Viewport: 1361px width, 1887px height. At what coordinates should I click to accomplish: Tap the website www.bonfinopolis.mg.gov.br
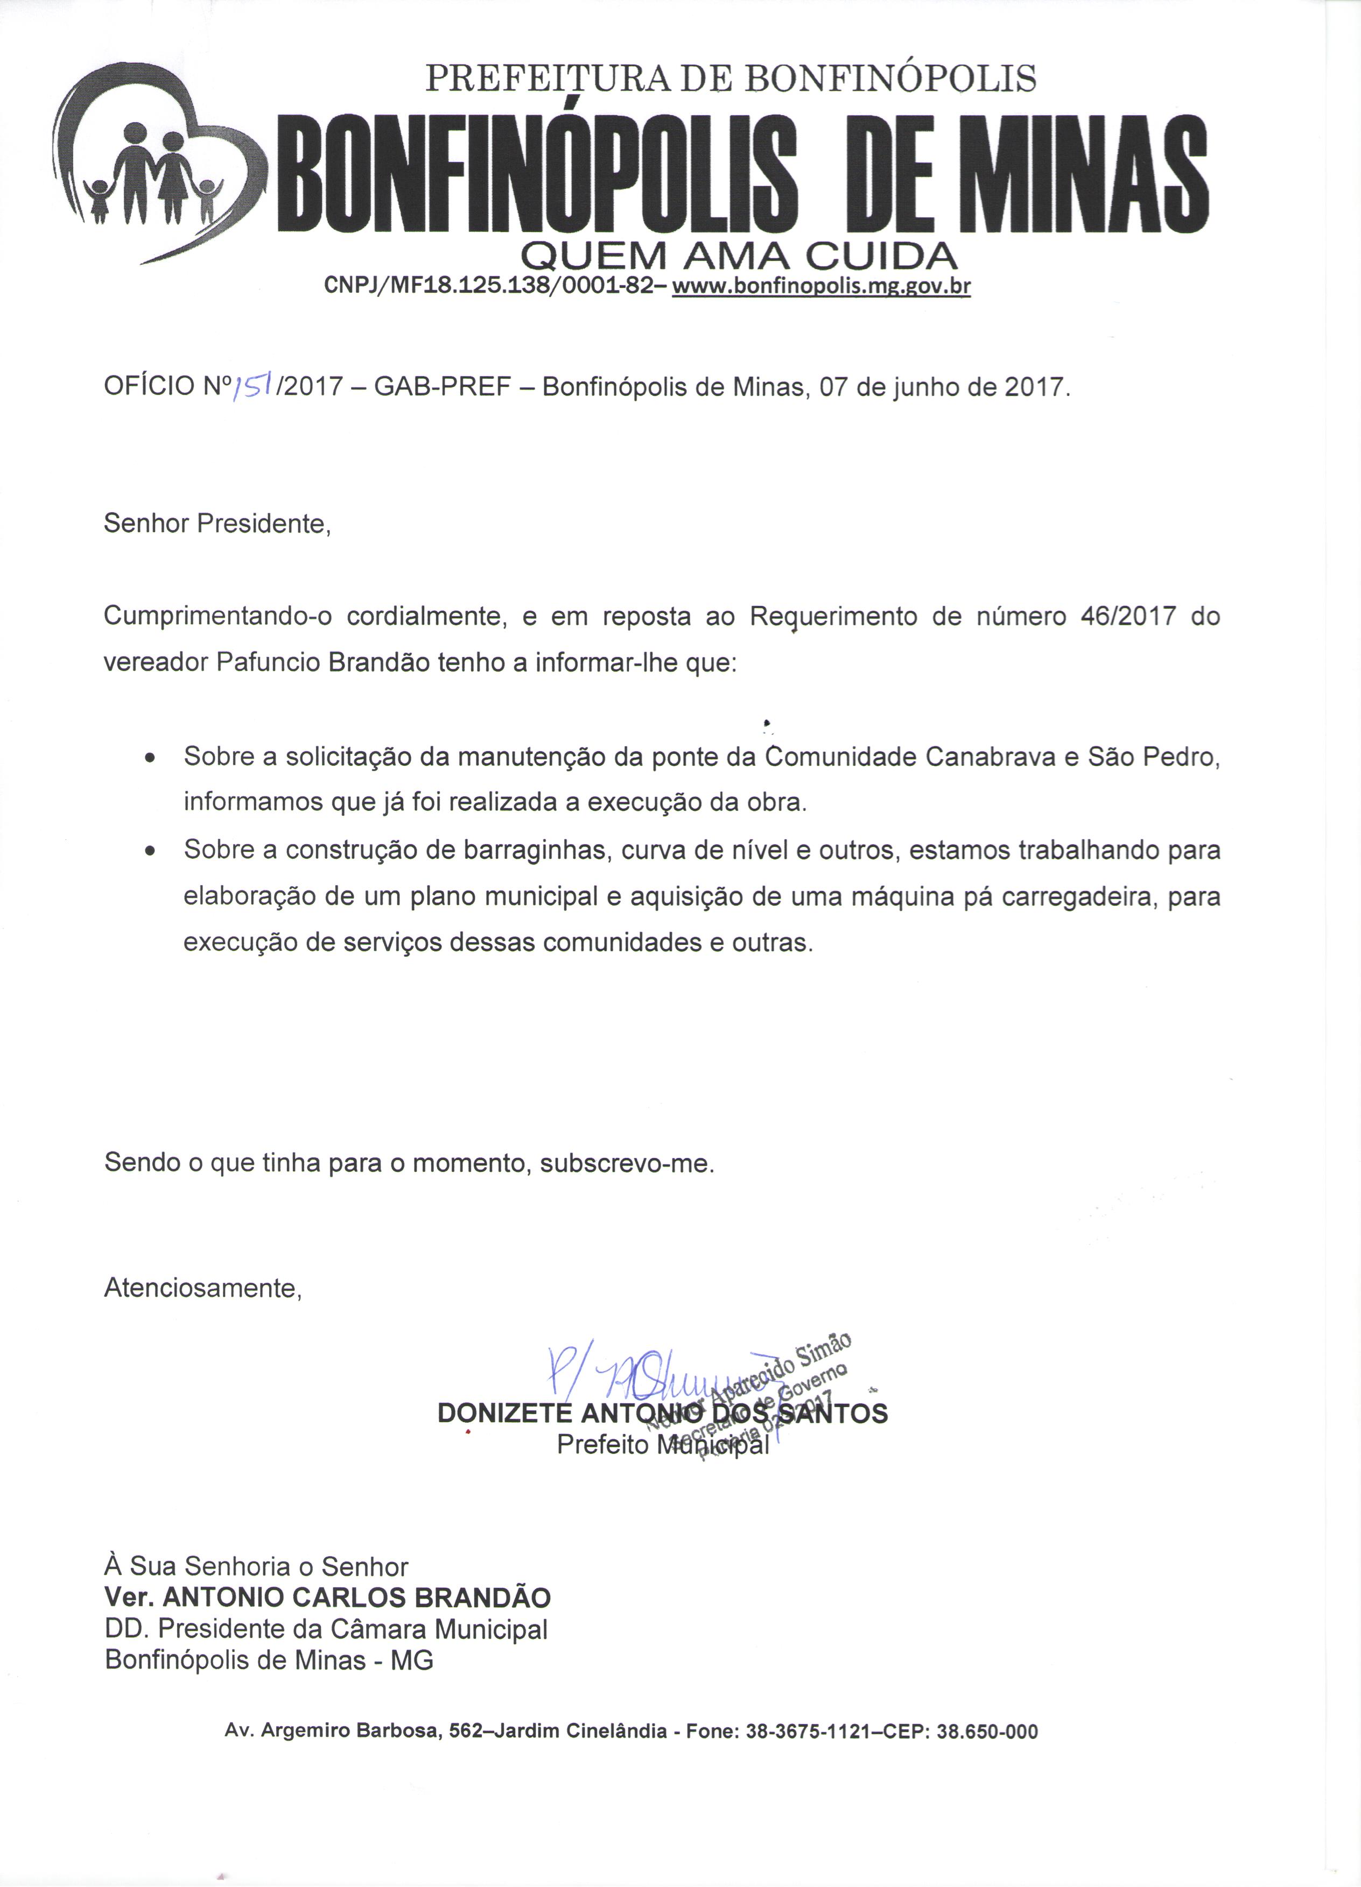[x=821, y=287]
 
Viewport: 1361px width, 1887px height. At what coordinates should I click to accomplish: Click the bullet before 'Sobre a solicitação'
[x=150, y=760]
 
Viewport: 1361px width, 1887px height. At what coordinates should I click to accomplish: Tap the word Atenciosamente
[x=202, y=1289]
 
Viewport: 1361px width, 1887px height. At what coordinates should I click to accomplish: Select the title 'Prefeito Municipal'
[x=663, y=1445]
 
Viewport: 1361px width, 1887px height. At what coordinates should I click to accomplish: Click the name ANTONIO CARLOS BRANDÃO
[x=356, y=1598]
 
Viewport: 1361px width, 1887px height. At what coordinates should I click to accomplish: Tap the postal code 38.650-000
[x=987, y=1732]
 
